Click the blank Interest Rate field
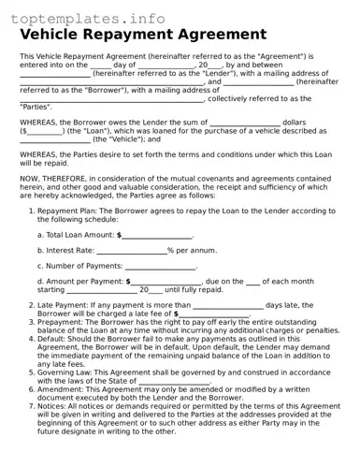131,251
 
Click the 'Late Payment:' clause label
65,305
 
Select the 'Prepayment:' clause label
63,321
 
